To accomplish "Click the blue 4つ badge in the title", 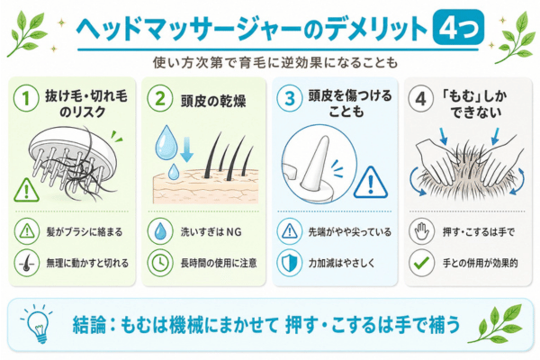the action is [458, 28].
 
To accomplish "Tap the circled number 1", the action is [26, 99].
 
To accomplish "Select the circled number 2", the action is [160, 99].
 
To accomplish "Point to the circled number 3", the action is [290, 99].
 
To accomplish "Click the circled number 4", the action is [420, 99].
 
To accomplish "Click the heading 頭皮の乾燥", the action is [213, 102].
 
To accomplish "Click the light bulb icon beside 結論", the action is [37, 324].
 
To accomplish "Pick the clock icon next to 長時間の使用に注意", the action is [160, 263].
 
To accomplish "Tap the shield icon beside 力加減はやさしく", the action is [290, 263].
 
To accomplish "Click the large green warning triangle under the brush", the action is [26, 190].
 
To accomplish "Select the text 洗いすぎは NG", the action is [211, 232].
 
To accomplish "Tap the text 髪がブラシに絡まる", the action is [85, 232].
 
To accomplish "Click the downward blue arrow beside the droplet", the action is [186, 148].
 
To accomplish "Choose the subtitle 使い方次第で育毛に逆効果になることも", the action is [275, 63].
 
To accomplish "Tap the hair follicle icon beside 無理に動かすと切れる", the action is [26, 263].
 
